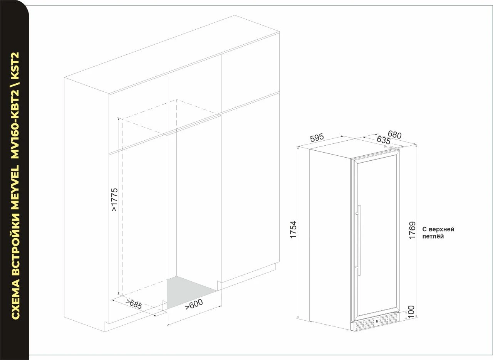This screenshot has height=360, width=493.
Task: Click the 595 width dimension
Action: (317, 138)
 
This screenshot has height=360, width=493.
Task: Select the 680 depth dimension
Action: (395, 135)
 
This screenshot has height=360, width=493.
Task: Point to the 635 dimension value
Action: (383, 140)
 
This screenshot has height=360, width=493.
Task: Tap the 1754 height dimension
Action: (293, 229)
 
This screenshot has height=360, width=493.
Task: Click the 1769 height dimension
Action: (412, 230)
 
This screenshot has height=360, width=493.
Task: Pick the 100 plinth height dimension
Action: (411, 312)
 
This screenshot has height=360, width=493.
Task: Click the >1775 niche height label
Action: (114, 200)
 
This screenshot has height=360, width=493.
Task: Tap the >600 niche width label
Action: (194, 304)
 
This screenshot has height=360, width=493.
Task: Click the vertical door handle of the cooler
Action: (359, 240)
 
